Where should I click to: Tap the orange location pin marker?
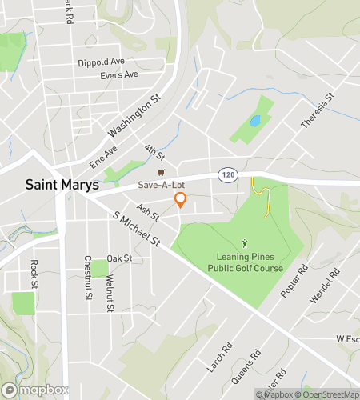[181, 200]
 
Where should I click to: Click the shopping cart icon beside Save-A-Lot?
[161, 171]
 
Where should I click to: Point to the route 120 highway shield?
[226, 174]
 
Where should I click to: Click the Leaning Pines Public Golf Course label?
[246, 262]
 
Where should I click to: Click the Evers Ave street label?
[119, 75]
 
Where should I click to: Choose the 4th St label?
[154, 150]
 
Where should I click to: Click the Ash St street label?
[148, 213]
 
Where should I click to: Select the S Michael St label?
[137, 230]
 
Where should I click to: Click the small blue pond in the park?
[254, 121]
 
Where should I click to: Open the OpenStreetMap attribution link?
[326, 394]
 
